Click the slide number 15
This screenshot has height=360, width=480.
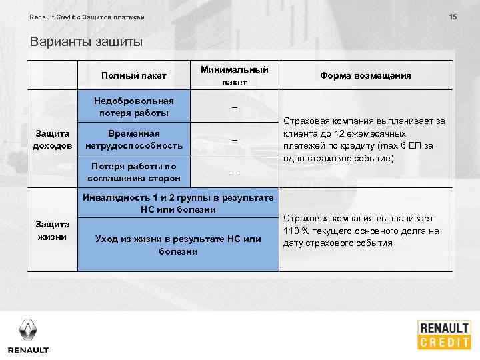click(453, 16)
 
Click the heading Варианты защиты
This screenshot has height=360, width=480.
click(86, 42)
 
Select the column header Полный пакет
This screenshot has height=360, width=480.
click(134, 75)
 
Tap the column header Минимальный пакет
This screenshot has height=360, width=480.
click(234, 75)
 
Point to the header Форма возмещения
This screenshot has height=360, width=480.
click(365, 75)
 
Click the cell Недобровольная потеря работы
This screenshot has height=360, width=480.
click(134, 107)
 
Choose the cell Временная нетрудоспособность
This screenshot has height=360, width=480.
click(134, 139)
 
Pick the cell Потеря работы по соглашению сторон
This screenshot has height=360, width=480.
click(134, 172)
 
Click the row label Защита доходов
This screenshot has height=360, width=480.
click(52, 139)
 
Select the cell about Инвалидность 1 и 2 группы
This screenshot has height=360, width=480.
click(178, 204)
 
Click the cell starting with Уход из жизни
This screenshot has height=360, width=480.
click(178, 245)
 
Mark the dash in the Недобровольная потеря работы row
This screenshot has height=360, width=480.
click(234, 107)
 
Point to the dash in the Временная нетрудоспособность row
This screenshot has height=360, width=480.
click(234, 139)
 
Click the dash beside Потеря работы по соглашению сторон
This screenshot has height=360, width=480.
click(234, 172)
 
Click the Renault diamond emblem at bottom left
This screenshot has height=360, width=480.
click(28, 329)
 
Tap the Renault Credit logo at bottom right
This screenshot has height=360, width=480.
click(444, 335)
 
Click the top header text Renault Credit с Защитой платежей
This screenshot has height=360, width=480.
click(87, 17)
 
